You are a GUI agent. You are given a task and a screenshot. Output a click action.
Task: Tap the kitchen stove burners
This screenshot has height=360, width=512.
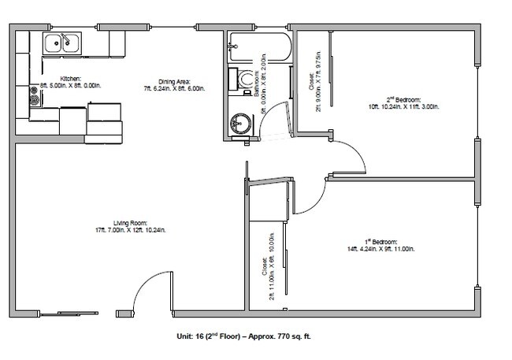(x=34, y=97)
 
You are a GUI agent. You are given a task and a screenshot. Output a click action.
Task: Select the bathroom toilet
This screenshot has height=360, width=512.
(x=245, y=80)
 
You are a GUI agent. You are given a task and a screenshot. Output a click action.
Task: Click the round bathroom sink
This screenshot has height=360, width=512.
(x=239, y=124)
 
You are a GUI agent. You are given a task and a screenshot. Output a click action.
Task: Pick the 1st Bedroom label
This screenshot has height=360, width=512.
(x=380, y=240)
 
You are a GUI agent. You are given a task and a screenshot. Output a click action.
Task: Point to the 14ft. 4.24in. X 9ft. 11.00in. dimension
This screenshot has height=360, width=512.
(x=380, y=248)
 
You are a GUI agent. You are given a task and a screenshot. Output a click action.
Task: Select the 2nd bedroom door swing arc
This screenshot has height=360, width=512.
(x=352, y=158)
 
